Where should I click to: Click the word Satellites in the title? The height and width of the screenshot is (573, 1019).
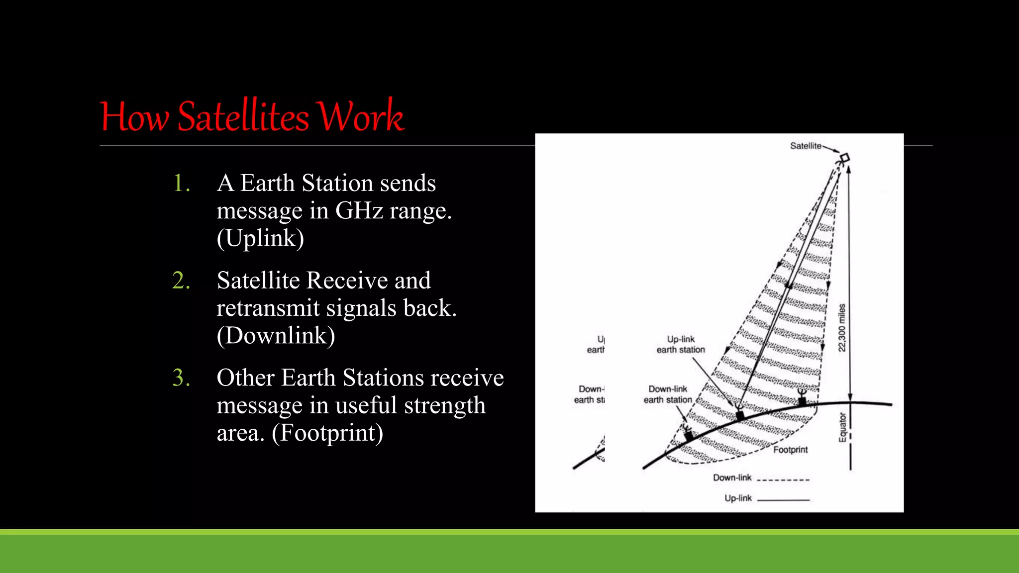(243, 117)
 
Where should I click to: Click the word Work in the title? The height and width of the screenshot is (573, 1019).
(361, 117)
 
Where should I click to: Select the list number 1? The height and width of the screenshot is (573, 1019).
(181, 184)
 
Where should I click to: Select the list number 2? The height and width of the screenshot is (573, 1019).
(181, 281)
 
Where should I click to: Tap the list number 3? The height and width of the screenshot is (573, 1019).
(181, 378)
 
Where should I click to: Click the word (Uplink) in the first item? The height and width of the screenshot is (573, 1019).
(260, 238)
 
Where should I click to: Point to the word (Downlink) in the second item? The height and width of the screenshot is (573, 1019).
(276, 336)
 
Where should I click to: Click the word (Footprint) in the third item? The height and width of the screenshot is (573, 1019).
(327, 433)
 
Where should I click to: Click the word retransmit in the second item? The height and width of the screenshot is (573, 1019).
(268, 308)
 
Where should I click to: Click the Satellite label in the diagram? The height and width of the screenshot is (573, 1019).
(806, 146)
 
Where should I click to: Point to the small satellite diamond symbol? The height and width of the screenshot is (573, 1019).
(844, 158)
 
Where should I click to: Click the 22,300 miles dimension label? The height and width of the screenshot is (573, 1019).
(841, 328)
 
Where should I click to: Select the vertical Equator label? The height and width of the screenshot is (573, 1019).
(842, 427)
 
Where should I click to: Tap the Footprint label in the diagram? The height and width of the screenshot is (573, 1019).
(790, 450)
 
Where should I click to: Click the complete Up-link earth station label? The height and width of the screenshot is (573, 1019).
(681, 344)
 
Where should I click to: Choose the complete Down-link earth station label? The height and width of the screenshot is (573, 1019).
(668, 394)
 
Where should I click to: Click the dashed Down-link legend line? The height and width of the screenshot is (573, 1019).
(786, 480)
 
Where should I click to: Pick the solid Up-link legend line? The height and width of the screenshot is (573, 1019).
(783, 499)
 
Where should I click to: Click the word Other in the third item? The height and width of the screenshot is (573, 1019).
(245, 378)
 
